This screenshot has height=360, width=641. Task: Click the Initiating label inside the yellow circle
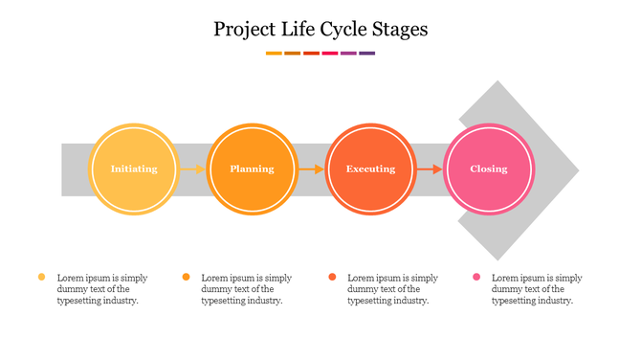[134, 169]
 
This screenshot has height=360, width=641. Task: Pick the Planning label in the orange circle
[253, 169]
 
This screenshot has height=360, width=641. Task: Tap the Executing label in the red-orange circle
[370, 169]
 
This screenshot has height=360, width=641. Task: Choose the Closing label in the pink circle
[489, 169]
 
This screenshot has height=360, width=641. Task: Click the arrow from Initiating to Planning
[192, 169]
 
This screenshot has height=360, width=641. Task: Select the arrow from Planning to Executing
[311, 169]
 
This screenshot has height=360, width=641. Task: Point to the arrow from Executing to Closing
[430, 169]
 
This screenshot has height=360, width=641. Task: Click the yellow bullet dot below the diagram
[41, 277]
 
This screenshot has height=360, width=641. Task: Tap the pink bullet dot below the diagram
[475, 277]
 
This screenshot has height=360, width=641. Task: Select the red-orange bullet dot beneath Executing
[332, 277]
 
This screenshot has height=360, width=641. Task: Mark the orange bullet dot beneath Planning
[186, 277]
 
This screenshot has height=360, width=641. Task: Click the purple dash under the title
[367, 54]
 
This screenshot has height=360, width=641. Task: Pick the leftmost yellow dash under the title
[274, 54]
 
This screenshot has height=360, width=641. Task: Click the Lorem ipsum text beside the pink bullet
[537, 288]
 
